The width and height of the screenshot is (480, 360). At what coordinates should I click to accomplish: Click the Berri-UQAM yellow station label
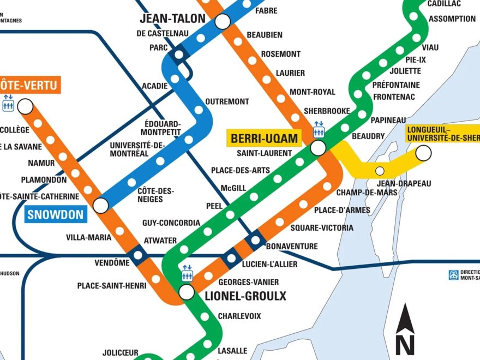(265, 138)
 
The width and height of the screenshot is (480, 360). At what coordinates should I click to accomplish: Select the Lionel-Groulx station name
(245, 296)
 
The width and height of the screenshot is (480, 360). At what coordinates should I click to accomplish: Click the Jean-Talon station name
(172, 19)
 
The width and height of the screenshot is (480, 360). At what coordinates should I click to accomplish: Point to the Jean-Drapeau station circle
(380, 171)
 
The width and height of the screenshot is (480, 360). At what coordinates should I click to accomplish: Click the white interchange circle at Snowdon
(101, 206)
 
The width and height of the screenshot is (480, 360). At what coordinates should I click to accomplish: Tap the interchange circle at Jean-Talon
(223, 22)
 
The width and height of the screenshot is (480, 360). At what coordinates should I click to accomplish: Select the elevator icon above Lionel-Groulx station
(187, 272)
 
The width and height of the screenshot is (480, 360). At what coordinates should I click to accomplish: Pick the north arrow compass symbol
(405, 329)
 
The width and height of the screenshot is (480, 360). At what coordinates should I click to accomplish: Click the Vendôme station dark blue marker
(137, 254)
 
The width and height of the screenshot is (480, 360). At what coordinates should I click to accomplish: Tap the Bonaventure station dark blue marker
(255, 240)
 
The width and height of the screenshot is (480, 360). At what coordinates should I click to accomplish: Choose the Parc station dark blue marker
(178, 54)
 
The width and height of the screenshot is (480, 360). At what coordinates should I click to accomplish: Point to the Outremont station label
(227, 101)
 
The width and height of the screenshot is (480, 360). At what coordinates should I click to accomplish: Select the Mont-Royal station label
(312, 92)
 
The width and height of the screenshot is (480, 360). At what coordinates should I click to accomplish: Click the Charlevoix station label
(239, 316)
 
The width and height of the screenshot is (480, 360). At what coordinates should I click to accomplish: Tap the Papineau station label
(388, 120)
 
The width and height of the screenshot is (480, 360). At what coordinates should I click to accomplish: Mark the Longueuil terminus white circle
(423, 153)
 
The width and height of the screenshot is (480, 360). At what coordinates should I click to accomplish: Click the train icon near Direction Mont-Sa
(453, 275)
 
